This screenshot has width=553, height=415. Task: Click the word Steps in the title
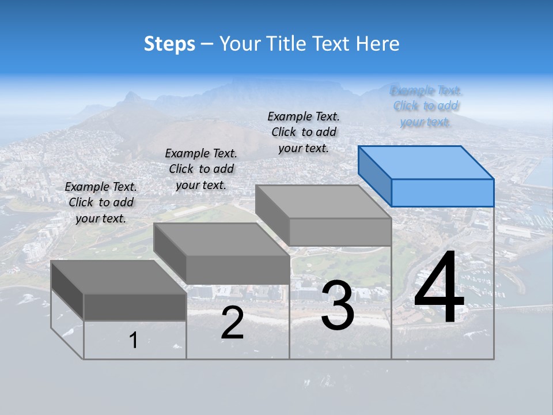coord(169,44)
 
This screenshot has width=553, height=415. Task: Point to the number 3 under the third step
coord(338,305)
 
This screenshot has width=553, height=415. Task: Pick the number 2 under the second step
coord(232,324)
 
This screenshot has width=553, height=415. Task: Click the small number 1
coord(134,341)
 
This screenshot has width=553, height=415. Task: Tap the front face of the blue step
coord(442,193)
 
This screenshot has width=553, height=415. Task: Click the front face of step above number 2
coord(238,270)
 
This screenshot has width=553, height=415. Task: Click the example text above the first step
coord(101,202)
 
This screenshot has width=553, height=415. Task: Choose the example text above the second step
coord(201,169)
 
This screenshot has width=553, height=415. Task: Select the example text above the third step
coord(304,132)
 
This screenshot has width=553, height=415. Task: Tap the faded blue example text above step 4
coord(426,106)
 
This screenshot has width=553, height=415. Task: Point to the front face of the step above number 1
coord(135,307)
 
